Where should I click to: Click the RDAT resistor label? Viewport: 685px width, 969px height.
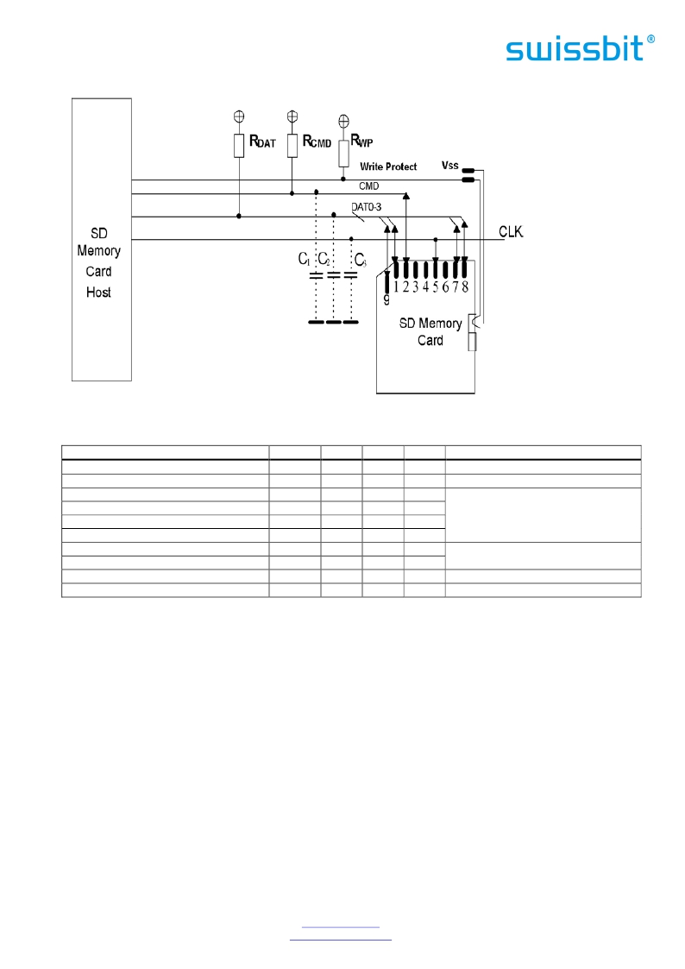(x=262, y=142)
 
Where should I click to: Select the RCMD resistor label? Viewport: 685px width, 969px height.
(x=317, y=142)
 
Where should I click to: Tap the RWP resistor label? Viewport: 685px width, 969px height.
(x=362, y=141)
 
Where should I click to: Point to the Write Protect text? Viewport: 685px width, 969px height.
(x=388, y=167)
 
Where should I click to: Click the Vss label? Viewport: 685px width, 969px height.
(x=450, y=165)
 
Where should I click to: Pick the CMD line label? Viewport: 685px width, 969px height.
(x=368, y=186)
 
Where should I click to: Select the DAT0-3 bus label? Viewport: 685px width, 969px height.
(x=367, y=207)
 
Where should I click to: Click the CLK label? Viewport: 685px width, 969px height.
(x=511, y=232)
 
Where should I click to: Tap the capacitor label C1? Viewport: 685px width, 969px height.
(x=304, y=259)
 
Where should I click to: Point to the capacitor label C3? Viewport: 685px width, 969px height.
(x=360, y=260)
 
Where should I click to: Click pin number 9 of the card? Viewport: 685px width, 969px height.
(x=386, y=299)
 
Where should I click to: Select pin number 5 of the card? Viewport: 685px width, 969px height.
(x=436, y=286)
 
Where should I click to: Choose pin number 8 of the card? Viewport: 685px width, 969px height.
(x=465, y=286)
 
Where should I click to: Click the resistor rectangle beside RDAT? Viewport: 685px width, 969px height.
(x=239, y=146)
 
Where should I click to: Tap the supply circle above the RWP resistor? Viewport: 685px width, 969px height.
(x=344, y=121)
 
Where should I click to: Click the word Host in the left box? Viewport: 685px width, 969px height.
(x=99, y=293)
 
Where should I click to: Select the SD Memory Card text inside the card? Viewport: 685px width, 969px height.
(x=430, y=332)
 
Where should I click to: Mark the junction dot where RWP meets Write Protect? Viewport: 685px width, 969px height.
(x=343, y=179)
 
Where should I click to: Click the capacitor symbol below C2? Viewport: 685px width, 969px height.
(x=334, y=275)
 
